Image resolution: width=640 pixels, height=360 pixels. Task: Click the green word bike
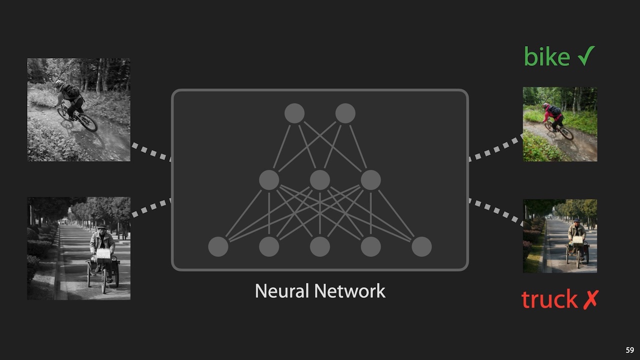(x=546, y=57)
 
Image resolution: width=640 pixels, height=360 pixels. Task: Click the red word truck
(x=549, y=299)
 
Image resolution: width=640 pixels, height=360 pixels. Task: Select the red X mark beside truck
(x=590, y=299)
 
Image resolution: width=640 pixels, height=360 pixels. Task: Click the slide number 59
(x=629, y=350)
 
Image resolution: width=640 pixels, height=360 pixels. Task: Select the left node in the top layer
(x=294, y=113)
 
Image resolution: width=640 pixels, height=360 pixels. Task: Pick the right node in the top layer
(x=345, y=113)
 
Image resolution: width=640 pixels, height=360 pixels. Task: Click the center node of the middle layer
(x=320, y=180)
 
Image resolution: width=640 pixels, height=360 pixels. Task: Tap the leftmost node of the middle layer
(x=269, y=180)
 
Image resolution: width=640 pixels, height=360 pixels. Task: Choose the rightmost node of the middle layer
(x=370, y=180)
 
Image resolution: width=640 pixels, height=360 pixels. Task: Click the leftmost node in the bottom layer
(x=218, y=246)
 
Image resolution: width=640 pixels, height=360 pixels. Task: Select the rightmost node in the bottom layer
(x=421, y=246)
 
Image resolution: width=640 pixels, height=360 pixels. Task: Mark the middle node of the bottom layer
(x=320, y=246)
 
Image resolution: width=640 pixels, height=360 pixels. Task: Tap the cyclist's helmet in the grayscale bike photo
(x=59, y=84)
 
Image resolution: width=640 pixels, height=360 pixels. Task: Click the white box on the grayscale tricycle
(x=103, y=253)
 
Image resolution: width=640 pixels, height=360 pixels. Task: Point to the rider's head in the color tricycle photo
(x=576, y=221)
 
